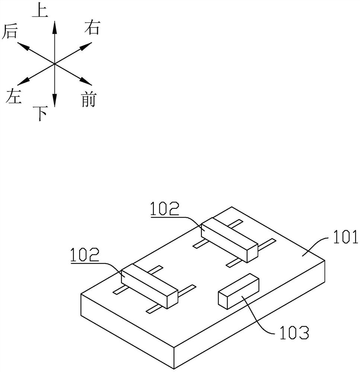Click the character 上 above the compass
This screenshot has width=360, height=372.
pyautogui.click(x=40, y=11)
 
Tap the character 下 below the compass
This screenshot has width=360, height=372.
pyautogui.click(x=40, y=113)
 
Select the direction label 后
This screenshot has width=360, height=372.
pyautogui.click(x=10, y=31)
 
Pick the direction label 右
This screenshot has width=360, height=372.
pyautogui.click(x=92, y=28)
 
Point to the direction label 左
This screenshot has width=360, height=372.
pyautogui.click(x=14, y=96)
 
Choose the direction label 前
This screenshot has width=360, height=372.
pyautogui.click(x=89, y=99)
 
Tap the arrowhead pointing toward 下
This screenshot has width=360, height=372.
pyautogui.click(x=55, y=100)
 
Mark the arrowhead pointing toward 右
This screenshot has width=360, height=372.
pyautogui.click(x=86, y=46)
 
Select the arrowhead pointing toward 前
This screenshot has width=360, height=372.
pyautogui.click(x=86, y=81)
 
